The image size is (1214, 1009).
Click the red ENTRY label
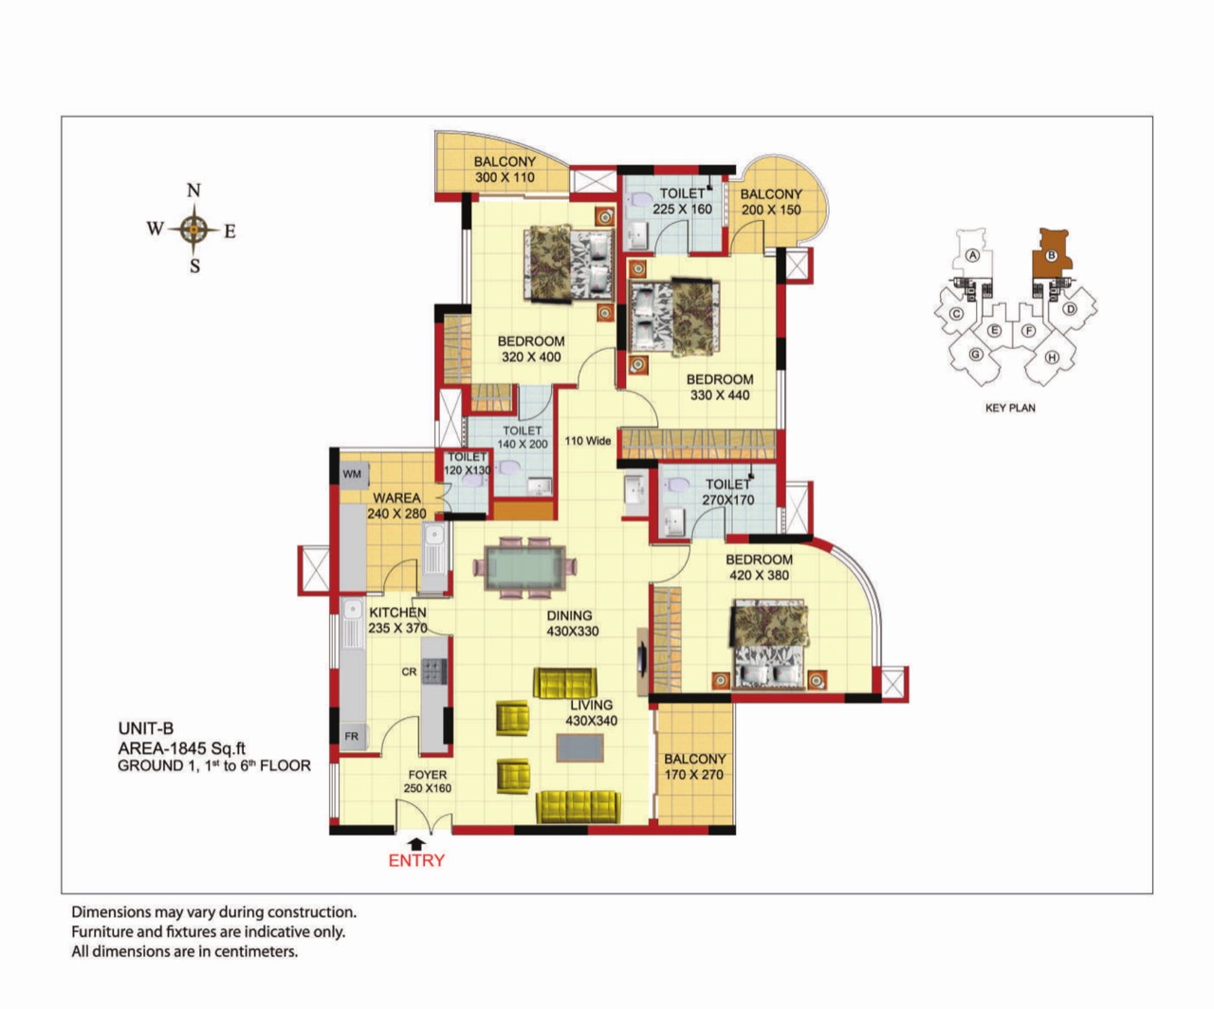[x=416, y=860]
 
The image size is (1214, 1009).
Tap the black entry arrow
[x=416, y=844]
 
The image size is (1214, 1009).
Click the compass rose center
[x=193, y=229]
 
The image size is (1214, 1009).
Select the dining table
[x=524, y=567]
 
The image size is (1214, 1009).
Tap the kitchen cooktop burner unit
[x=434, y=670]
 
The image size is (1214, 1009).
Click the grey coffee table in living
[x=579, y=747]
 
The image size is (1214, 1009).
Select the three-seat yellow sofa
[x=578, y=806]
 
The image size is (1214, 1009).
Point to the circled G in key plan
[x=976, y=354]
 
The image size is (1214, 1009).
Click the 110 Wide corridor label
[x=588, y=441]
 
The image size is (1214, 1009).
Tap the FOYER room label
[x=428, y=775]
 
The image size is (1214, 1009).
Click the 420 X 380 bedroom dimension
[x=760, y=576]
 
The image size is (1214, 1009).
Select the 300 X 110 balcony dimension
[x=505, y=178]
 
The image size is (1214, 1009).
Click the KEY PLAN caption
[x=1010, y=408]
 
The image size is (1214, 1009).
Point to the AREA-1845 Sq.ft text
[x=182, y=748]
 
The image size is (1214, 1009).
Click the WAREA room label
[x=396, y=498]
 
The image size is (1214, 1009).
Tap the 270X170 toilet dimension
[x=728, y=500]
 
